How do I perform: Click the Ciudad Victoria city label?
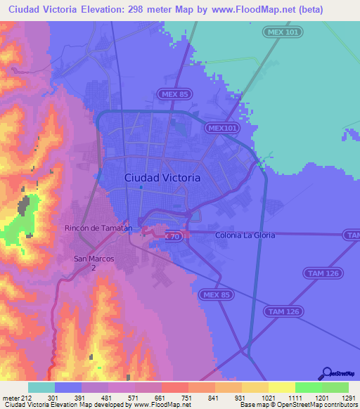pos(162,178)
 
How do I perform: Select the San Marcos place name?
pos(94,259)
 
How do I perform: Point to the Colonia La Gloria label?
pos(245,235)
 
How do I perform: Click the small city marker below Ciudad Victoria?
pos(141,187)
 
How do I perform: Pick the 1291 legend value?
pos(349,397)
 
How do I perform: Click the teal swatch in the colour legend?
pos(41,387)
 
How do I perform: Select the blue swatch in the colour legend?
pos(67,387)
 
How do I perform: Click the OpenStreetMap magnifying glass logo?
pos(326,374)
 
